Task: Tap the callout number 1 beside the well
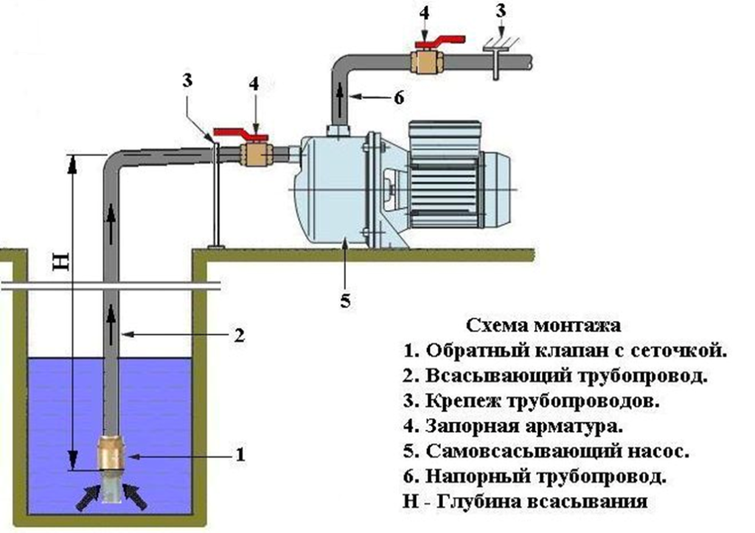point(239,455)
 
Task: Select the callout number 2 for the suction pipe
point(238,335)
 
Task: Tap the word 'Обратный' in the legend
point(463,350)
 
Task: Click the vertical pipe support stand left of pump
point(215,195)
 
